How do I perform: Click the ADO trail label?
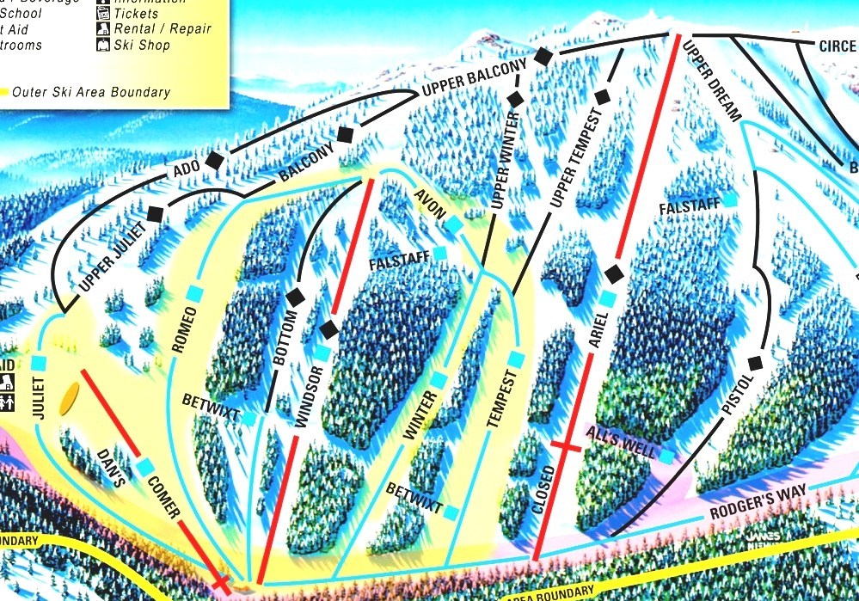tap(187, 169)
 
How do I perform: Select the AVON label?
tap(429, 204)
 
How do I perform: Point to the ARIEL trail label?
tap(599, 329)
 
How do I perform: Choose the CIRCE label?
tap(837, 46)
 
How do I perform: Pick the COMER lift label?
tap(163, 498)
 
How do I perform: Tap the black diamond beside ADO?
tap(215, 160)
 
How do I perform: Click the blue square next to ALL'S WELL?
tap(666, 457)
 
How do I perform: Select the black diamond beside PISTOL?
tap(756, 363)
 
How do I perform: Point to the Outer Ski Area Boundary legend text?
tap(90, 92)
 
